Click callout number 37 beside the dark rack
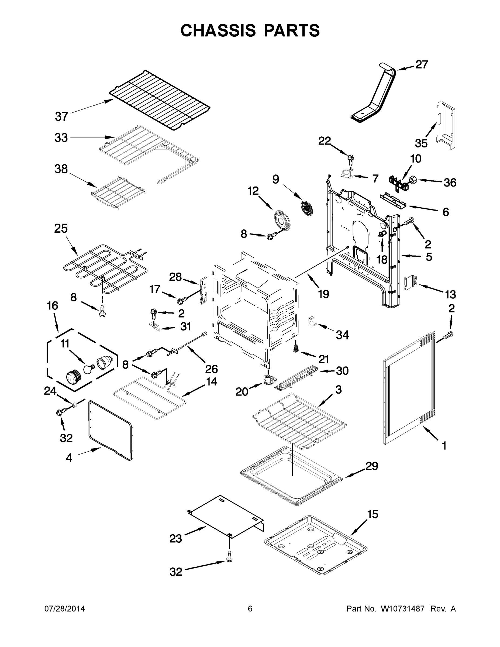62,116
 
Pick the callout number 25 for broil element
61,228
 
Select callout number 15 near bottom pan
373,515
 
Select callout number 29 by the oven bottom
372,466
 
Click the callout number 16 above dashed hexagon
53,305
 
